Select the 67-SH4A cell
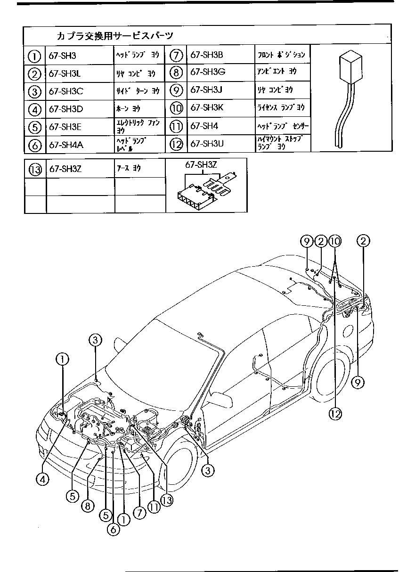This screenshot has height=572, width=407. pyautogui.click(x=66, y=145)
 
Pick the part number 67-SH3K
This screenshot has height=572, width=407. pyautogui.click(x=207, y=108)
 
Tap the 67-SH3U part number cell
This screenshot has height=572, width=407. pyautogui.click(x=207, y=144)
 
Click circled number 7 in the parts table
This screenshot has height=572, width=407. pyautogui.click(x=176, y=55)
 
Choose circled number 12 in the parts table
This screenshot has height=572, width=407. pyautogui.click(x=176, y=144)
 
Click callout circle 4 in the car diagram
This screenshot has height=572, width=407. pyautogui.click(x=42, y=479)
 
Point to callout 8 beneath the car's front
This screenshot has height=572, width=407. pyautogui.click(x=87, y=506)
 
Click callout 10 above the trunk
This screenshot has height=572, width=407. pyautogui.click(x=335, y=242)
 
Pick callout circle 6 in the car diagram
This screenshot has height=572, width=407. pyautogui.click(x=113, y=529)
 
